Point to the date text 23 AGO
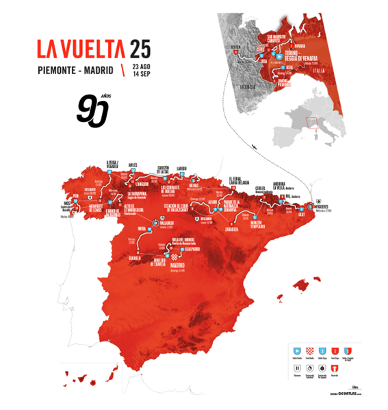[141, 65]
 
